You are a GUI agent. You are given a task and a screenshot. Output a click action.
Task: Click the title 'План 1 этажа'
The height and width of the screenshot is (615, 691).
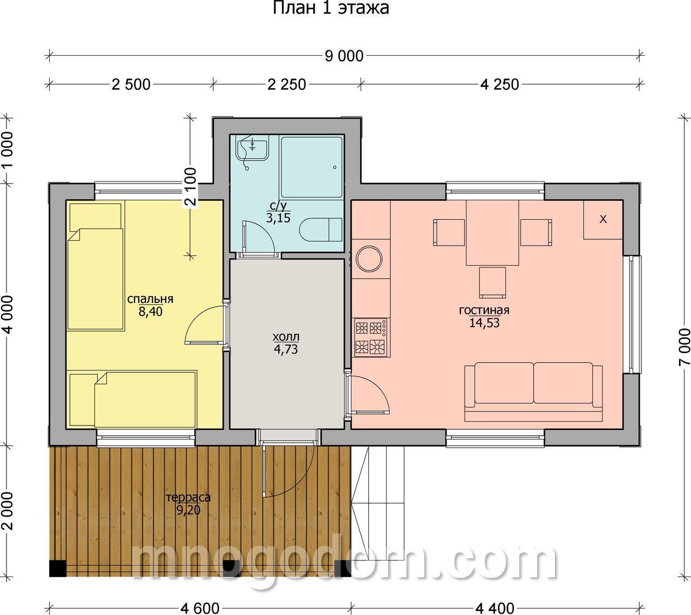(330, 8)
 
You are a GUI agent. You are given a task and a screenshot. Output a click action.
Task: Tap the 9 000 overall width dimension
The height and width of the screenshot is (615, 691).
(344, 56)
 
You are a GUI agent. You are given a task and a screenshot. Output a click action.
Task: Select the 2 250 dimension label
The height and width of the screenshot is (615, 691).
(287, 85)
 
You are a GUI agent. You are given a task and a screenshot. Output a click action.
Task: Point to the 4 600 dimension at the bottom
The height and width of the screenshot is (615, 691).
(200, 608)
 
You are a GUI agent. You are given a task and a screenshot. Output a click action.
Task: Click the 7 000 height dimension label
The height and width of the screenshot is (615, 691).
(684, 347)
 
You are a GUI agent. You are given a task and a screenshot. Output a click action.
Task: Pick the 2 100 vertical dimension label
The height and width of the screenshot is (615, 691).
(191, 187)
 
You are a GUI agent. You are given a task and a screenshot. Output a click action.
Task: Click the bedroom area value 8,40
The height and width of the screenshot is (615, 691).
(151, 312)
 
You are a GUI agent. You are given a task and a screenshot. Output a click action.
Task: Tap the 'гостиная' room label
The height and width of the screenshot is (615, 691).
(484, 310)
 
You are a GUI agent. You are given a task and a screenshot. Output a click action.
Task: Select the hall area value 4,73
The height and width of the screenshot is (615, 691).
(286, 349)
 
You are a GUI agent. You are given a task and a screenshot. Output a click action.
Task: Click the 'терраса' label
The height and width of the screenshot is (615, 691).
(188, 497)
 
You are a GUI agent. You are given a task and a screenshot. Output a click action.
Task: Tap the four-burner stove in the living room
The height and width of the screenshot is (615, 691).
(371, 337)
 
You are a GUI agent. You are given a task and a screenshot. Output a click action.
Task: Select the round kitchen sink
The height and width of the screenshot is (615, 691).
(369, 259)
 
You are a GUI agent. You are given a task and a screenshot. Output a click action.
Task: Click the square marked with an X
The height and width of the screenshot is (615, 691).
(603, 219)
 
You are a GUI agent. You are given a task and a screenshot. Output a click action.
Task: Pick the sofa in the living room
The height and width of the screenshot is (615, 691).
(533, 391)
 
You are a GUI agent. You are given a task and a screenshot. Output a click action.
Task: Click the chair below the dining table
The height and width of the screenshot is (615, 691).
(492, 282)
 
